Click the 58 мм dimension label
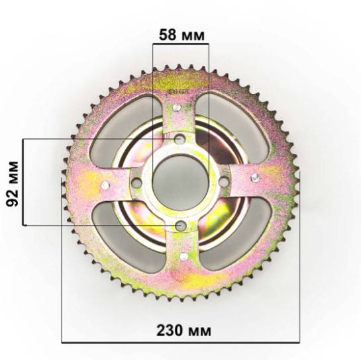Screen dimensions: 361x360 (181, 35)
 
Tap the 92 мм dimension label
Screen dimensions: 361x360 (12, 184)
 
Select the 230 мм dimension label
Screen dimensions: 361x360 (183, 330)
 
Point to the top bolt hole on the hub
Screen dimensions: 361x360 (180, 139)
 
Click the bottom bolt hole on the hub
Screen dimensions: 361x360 (180, 226)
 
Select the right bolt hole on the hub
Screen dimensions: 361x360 (223, 181)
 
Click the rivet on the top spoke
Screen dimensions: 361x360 (177, 107)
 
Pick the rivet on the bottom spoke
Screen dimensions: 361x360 (183, 256)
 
